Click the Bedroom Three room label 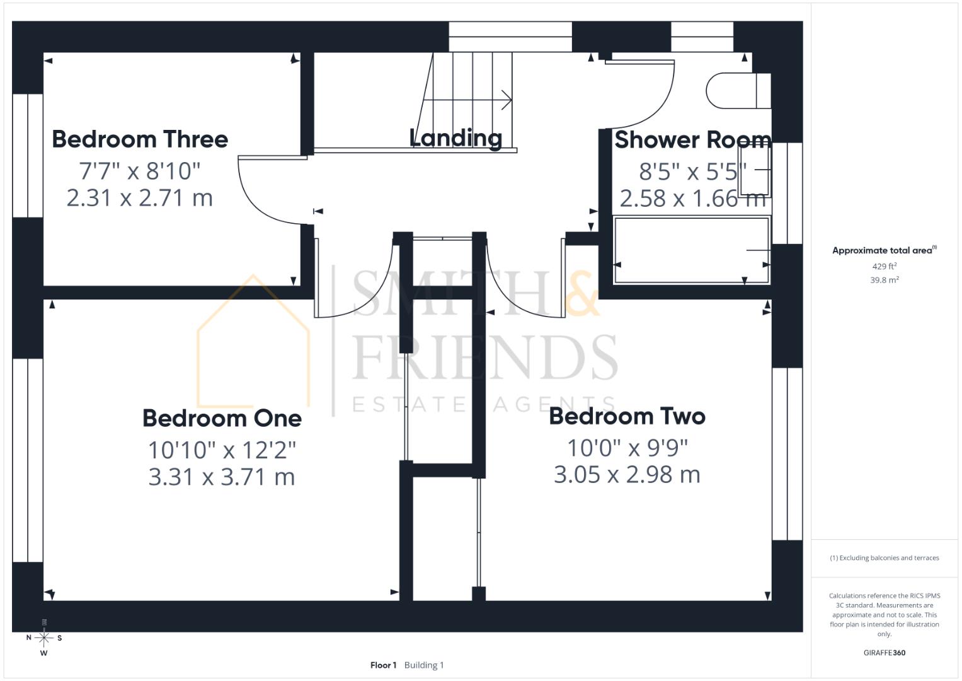(140, 139)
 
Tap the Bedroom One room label (222, 418)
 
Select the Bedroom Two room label (627, 416)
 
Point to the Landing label (455, 139)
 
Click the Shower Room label (693, 140)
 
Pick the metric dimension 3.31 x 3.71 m (222, 477)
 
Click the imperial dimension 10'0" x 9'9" (627, 448)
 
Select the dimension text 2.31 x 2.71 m (140, 198)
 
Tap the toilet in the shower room (738, 91)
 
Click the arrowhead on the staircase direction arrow (507, 100)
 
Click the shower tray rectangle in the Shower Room (691, 251)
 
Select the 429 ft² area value (885, 266)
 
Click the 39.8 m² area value (885, 280)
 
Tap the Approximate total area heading (885, 250)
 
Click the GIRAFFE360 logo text (885, 653)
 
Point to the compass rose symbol (44, 638)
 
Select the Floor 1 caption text (383, 665)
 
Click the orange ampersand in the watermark (582, 293)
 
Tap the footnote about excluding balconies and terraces (885, 557)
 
